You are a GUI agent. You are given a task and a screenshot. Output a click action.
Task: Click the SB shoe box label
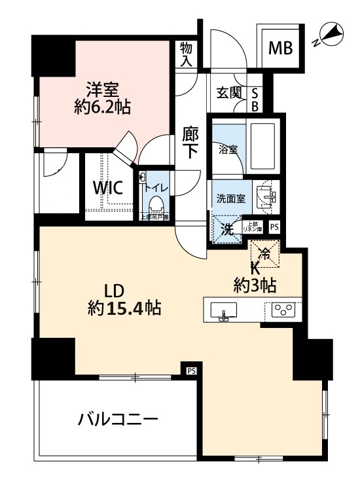[255, 100]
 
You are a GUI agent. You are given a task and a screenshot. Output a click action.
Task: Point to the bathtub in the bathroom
[266, 147]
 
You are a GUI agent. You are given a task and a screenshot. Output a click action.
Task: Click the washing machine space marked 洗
[226, 229]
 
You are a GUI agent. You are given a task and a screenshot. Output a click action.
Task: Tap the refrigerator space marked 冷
[265, 251]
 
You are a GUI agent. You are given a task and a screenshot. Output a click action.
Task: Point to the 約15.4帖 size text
[125, 307]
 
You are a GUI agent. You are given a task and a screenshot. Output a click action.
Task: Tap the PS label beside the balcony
[191, 371]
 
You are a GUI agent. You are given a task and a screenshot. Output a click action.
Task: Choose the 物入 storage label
[187, 55]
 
